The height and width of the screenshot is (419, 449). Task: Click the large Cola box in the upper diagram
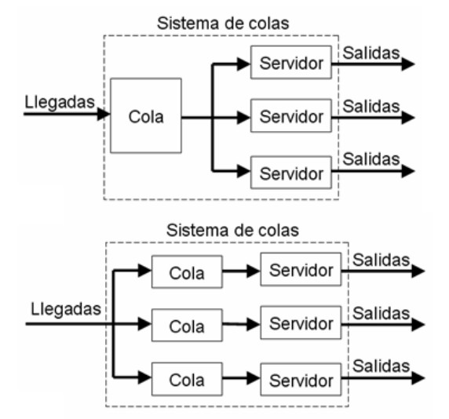coord(146,115)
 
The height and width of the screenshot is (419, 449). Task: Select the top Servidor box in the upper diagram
coord(286,63)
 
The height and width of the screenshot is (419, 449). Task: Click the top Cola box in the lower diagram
coord(187,272)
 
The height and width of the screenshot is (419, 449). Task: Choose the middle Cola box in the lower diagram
coord(187,325)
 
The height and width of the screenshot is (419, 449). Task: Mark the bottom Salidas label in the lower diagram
coord(381,366)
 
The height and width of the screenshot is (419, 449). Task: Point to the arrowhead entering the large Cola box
coord(104,115)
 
